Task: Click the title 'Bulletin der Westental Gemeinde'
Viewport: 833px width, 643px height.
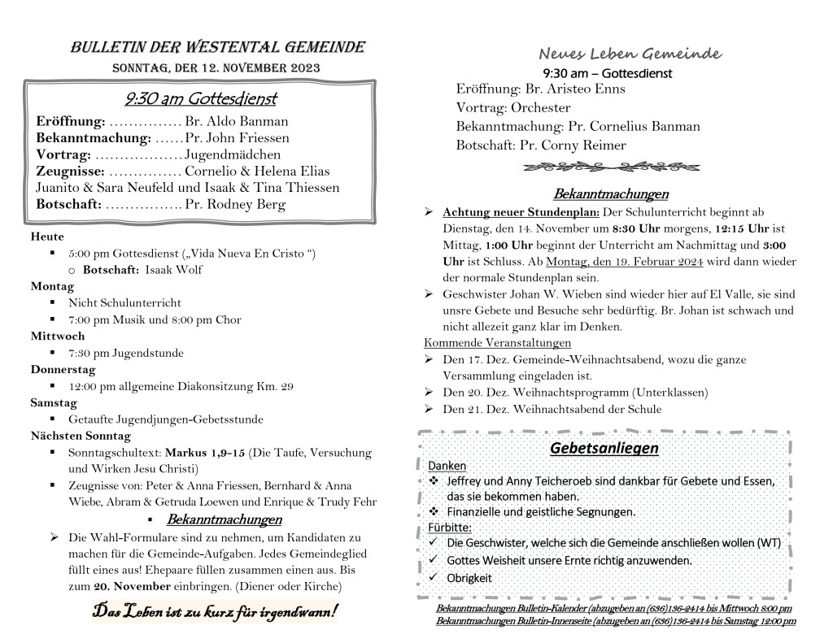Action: (x=217, y=47)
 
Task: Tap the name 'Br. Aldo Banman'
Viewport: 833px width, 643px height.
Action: (x=237, y=121)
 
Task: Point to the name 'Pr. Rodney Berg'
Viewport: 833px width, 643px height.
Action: (x=235, y=204)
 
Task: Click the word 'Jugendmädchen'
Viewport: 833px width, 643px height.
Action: (x=233, y=154)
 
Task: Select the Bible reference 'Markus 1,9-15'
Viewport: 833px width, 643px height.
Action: (x=204, y=452)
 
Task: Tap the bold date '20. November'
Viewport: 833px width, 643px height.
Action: (x=131, y=586)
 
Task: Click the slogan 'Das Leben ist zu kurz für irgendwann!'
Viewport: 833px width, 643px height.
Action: (x=216, y=611)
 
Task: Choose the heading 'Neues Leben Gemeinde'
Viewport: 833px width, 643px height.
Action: (x=630, y=54)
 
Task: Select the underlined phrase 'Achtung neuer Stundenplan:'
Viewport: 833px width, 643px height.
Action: (x=521, y=212)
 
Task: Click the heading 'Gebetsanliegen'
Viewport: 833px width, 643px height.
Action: (x=604, y=448)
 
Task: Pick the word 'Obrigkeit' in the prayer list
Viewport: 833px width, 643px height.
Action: (x=469, y=578)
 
